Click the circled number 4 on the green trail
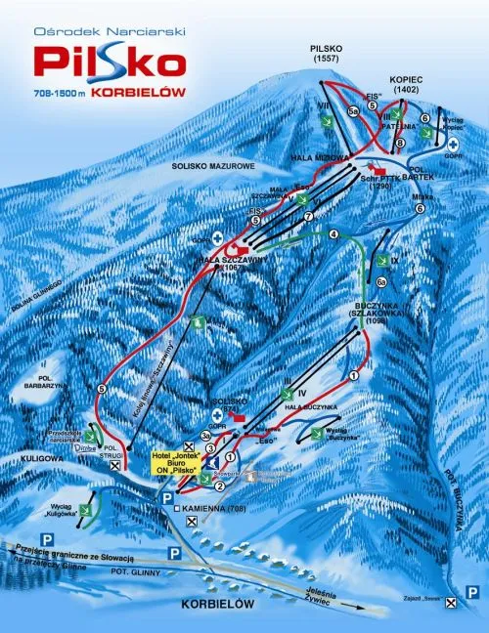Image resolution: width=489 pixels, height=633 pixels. (333, 234)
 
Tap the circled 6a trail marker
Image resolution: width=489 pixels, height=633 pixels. (382, 282)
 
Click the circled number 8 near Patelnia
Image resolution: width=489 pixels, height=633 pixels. (399, 145)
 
